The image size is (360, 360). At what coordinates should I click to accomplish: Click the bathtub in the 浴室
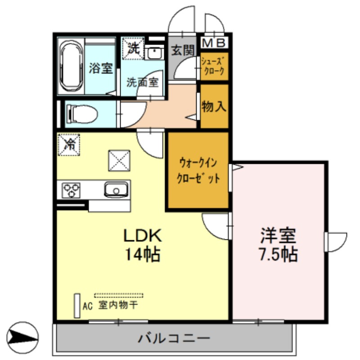point(72,66)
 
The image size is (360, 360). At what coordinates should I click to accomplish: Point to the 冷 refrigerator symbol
point(69,144)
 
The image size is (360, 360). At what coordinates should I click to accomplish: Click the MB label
point(215,43)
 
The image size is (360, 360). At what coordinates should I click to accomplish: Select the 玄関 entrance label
point(182,50)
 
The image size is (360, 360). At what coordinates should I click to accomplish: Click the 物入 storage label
point(214,107)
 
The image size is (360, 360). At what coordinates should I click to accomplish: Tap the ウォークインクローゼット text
point(199,170)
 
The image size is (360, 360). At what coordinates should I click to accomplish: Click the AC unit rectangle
point(77,306)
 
